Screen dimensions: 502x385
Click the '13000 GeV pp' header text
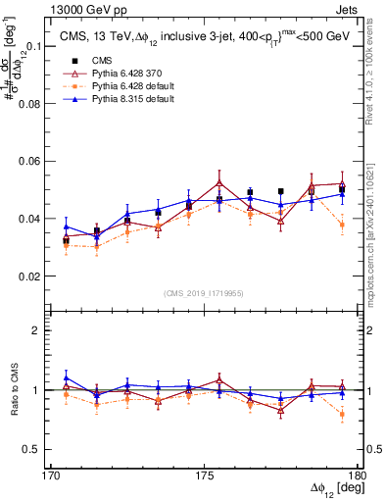point(83,9)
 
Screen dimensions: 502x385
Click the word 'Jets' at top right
point(348,9)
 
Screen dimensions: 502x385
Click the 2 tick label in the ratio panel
point(44,330)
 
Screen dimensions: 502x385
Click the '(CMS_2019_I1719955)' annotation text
point(205,292)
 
